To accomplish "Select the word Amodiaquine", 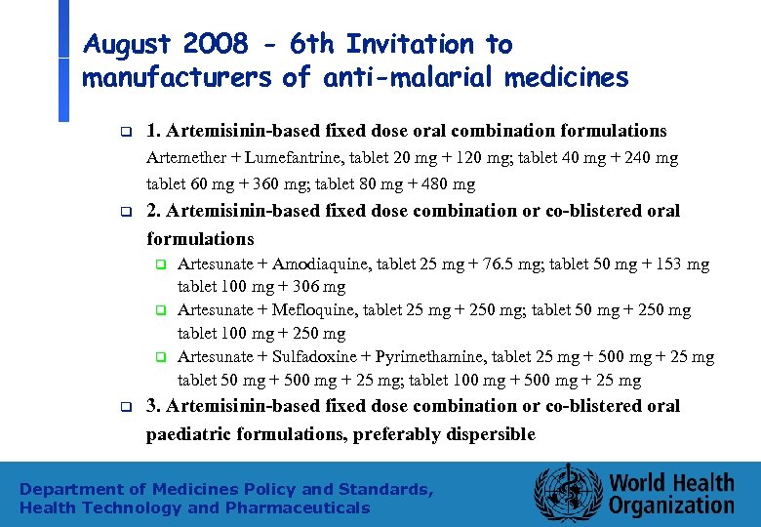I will pyautogui.click(x=318, y=264).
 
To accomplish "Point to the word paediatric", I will pyautogui.click(x=191, y=434).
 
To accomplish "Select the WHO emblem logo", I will pyautogui.click(x=566, y=491).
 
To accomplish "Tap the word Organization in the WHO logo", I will pyautogui.click(x=671, y=506).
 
